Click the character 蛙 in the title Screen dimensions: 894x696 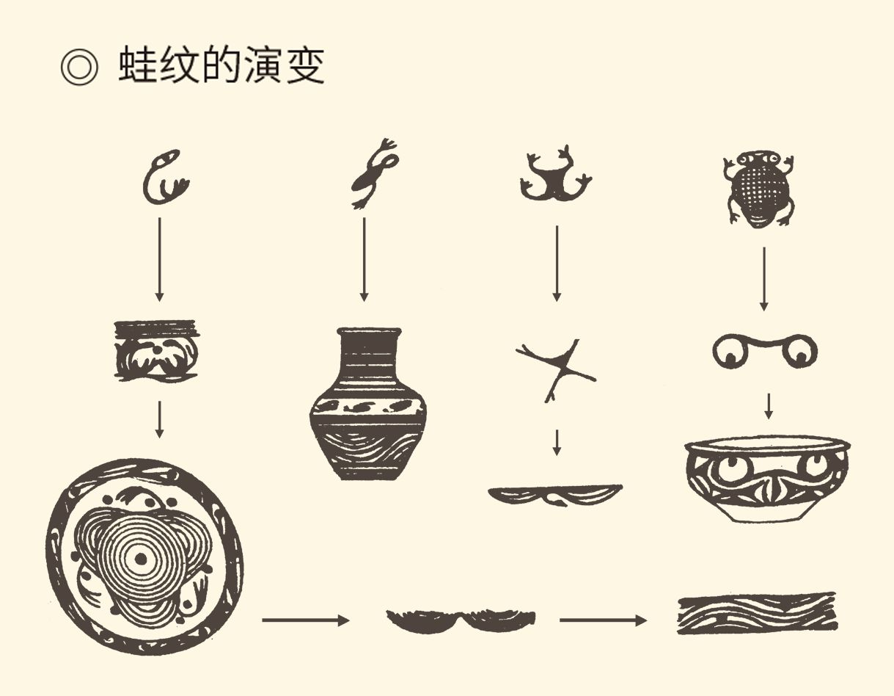pos(138,65)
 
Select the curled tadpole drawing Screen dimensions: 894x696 pos(165,176)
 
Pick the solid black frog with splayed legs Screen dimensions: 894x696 pos(555,175)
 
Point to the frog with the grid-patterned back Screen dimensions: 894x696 pos(760,189)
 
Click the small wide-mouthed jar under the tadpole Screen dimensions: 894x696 pos(156,351)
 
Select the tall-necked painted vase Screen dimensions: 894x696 pos(368,404)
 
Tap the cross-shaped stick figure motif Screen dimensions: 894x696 pos(556,370)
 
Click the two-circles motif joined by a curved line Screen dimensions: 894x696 pos(765,351)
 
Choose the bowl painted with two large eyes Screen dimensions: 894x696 pos(767,479)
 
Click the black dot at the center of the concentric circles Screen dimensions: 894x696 pos(141,559)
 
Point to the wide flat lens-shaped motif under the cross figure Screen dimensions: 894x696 pos(555,495)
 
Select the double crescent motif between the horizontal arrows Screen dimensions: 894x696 pos(461,620)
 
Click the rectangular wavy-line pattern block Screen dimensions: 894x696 pos(758,614)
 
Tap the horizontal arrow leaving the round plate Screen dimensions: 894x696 pos(306,620)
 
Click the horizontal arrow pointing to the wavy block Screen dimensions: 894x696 pos(603,620)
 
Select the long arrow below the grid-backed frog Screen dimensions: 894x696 pos(764,279)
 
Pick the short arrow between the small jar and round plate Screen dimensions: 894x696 pos(160,419)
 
